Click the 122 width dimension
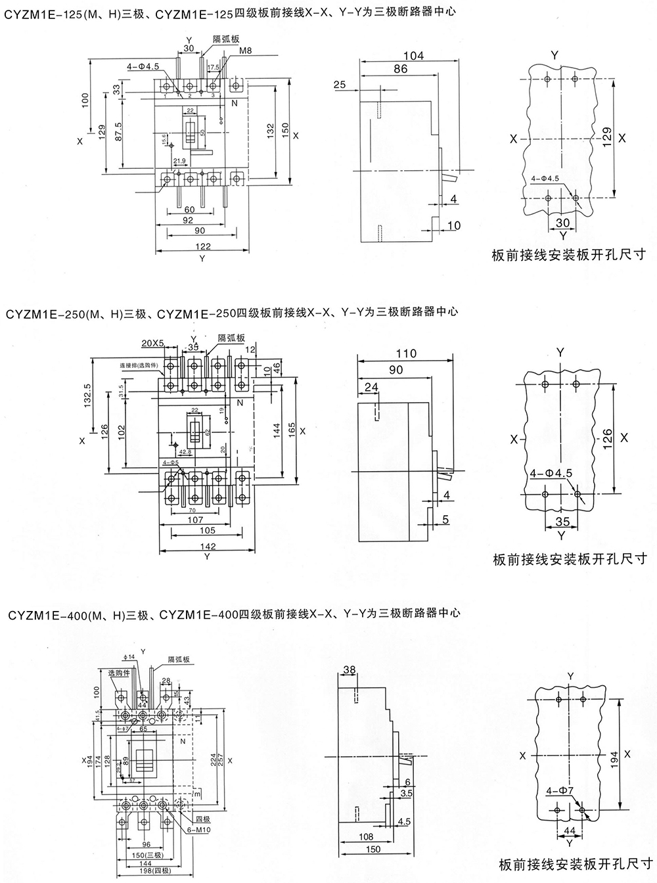(203, 246)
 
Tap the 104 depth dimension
(413, 56)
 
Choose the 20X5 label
(152, 342)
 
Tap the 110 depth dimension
(407, 353)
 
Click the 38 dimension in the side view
(350, 669)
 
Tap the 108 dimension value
(367, 837)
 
